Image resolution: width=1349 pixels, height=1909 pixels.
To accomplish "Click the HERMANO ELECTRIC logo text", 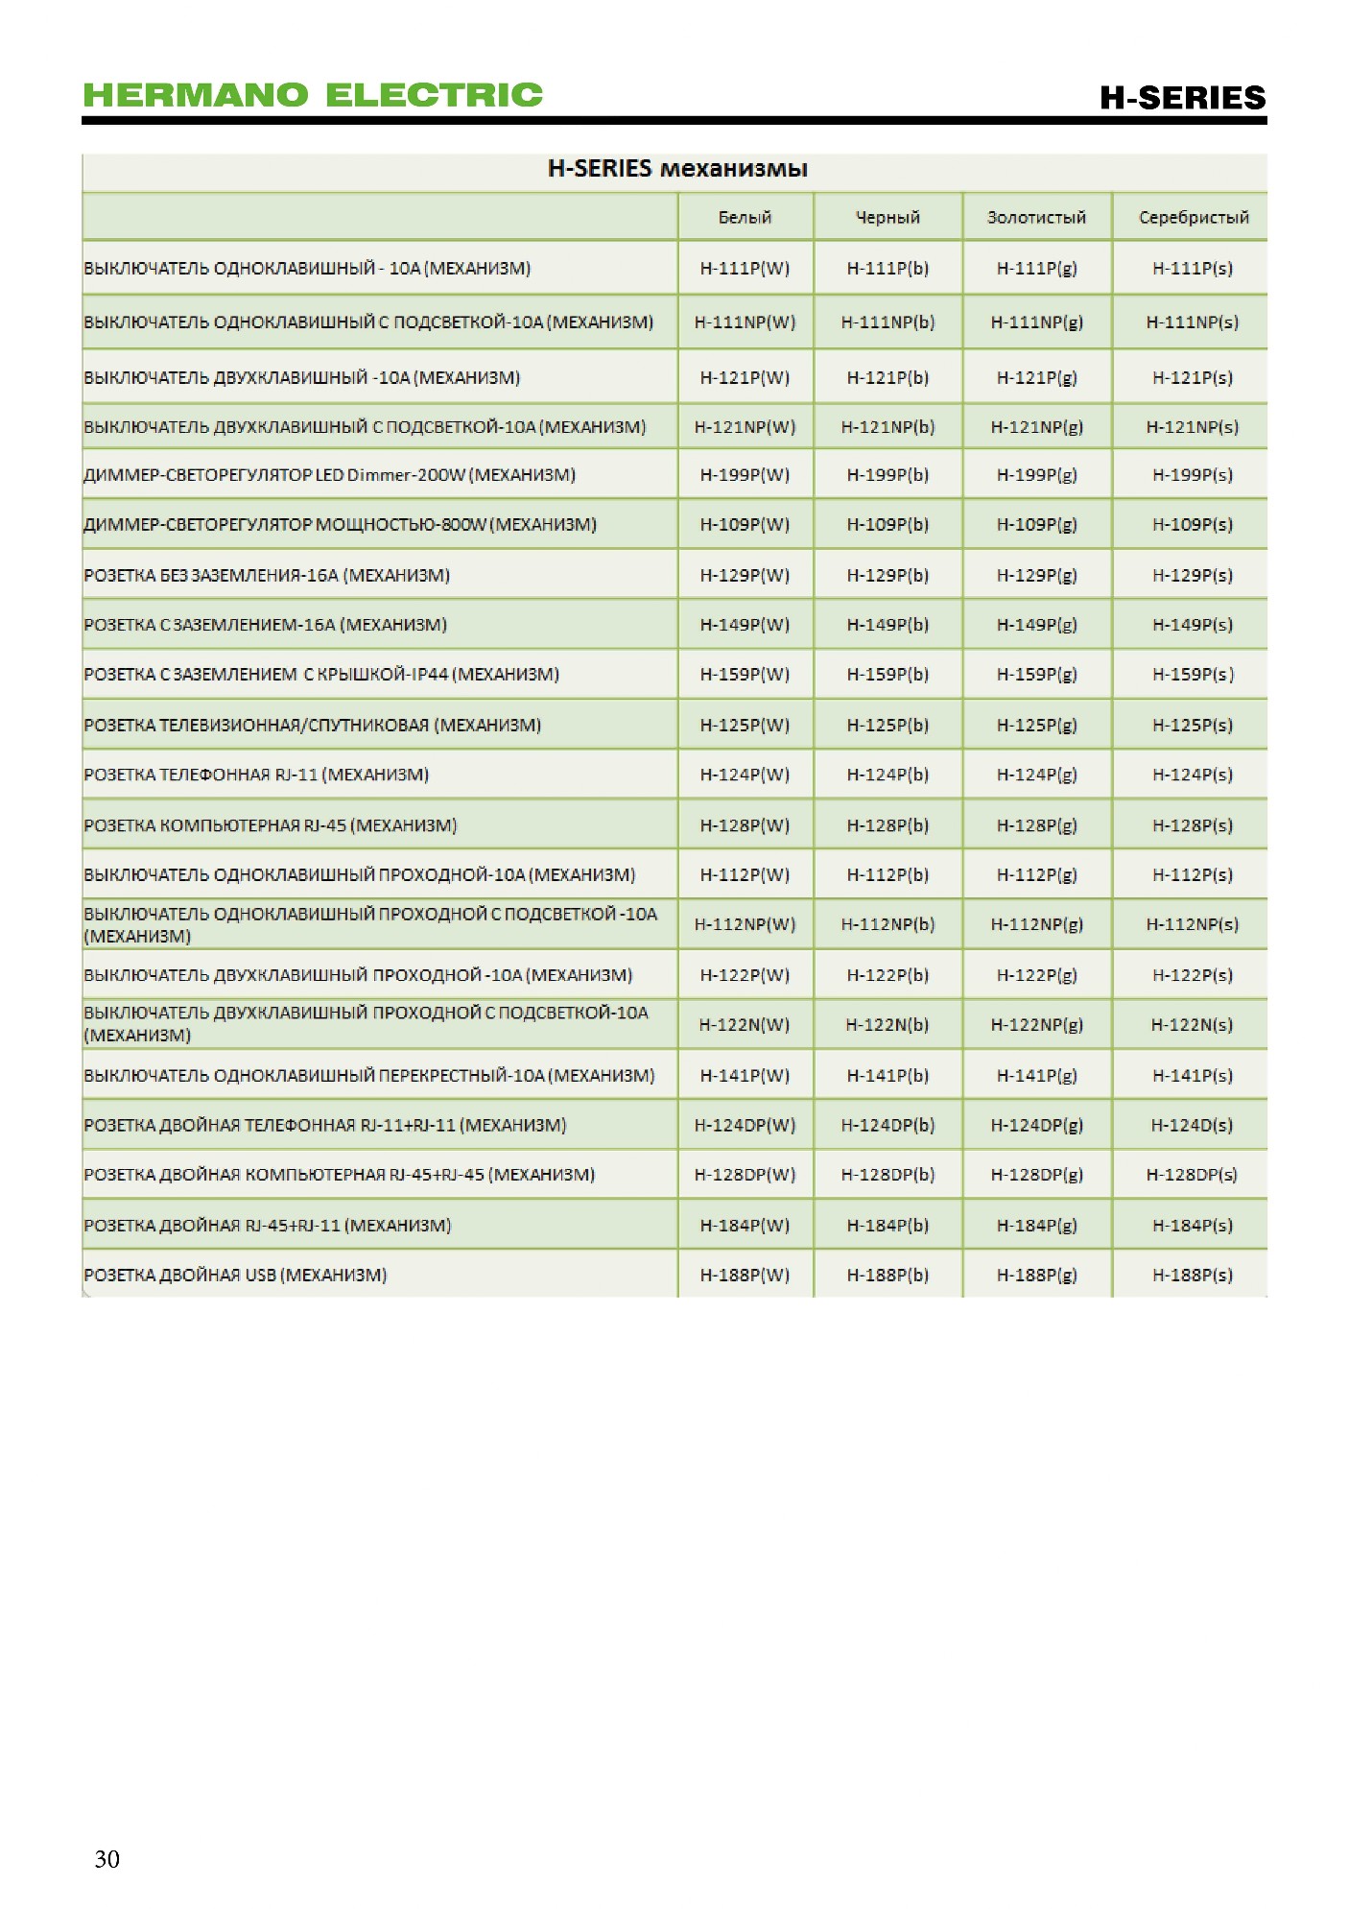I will click(313, 94).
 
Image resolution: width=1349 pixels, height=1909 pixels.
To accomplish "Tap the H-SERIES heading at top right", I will click(1182, 97).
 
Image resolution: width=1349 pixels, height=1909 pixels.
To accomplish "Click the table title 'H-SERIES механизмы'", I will click(677, 169).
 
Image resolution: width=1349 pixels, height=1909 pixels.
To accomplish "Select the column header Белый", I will click(745, 218).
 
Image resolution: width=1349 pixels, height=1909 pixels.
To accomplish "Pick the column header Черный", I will click(887, 218).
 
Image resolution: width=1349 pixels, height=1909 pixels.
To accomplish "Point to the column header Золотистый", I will click(1036, 218).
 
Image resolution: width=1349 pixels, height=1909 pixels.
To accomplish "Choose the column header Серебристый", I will click(1194, 218).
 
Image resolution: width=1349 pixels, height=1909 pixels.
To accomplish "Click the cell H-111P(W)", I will click(745, 269).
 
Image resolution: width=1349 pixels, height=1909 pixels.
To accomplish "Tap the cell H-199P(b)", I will click(887, 475).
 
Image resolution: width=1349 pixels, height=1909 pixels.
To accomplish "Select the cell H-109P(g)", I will click(1036, 525).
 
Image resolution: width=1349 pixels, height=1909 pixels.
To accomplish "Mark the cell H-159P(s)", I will click(1193, 675).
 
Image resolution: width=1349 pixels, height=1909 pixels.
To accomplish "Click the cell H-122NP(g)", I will click(1036, 1025).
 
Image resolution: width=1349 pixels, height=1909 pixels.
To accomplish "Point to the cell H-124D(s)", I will click(1193, 1125).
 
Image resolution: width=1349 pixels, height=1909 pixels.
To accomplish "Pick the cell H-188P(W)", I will click(745, 1276).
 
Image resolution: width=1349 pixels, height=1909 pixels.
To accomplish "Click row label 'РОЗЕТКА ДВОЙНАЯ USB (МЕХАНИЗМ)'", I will click(235, 1276).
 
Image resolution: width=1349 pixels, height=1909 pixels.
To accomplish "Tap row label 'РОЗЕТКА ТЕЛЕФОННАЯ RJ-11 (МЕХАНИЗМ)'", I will click(256, 775).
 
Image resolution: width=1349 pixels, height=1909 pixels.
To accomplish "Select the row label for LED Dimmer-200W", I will click(329, 475).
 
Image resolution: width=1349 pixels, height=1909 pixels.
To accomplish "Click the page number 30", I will click(107, 1859).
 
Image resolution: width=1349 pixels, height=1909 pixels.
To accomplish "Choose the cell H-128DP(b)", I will click(887, 1175).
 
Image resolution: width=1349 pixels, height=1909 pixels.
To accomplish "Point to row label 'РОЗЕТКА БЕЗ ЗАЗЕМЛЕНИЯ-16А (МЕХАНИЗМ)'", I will click(267, 576).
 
